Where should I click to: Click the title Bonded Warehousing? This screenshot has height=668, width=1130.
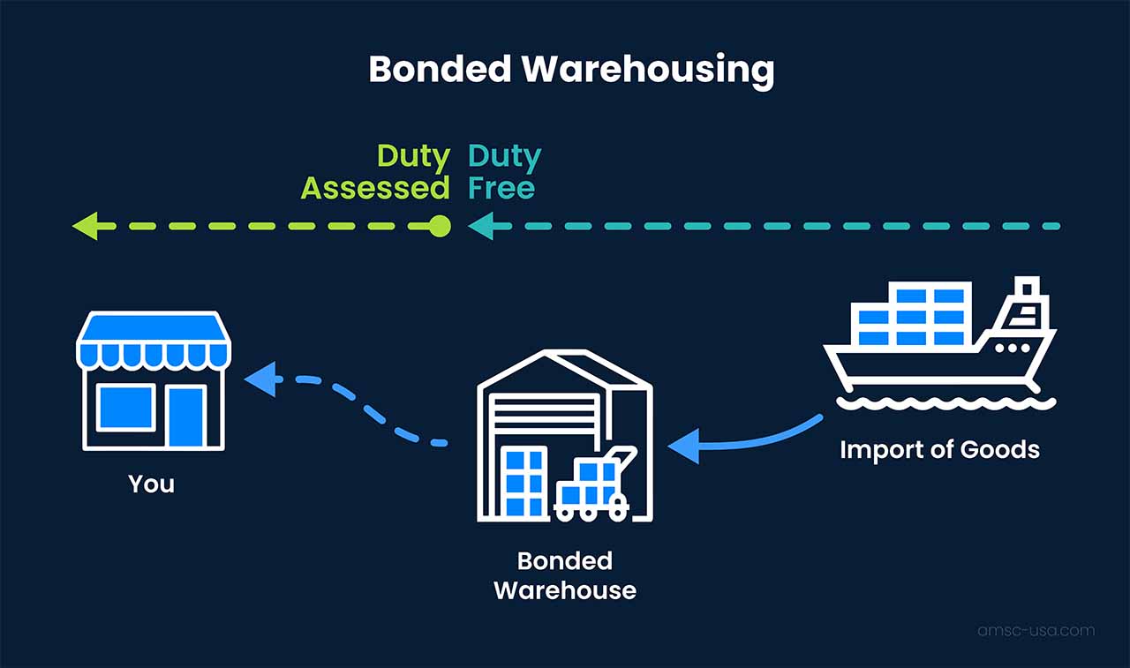(x=571, y=70)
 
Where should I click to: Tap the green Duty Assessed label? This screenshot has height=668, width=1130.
(x=376, y=172)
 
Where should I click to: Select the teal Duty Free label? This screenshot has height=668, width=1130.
(x=504, y=172)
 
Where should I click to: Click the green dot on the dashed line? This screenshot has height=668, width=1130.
(x=440, y=227)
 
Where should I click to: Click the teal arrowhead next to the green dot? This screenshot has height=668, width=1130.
(x=479, y=227)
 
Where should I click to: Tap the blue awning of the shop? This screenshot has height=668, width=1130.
(x=154, y=343)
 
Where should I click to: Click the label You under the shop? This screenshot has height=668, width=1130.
(x=151, y=484)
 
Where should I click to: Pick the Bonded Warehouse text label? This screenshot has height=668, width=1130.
(x=565, y=575)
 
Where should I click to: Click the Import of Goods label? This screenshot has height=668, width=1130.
(x=939, y=449)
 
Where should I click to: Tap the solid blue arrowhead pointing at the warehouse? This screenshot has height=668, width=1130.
(x=685, y=446)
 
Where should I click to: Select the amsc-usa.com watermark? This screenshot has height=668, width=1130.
(x=1036, y=630)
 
